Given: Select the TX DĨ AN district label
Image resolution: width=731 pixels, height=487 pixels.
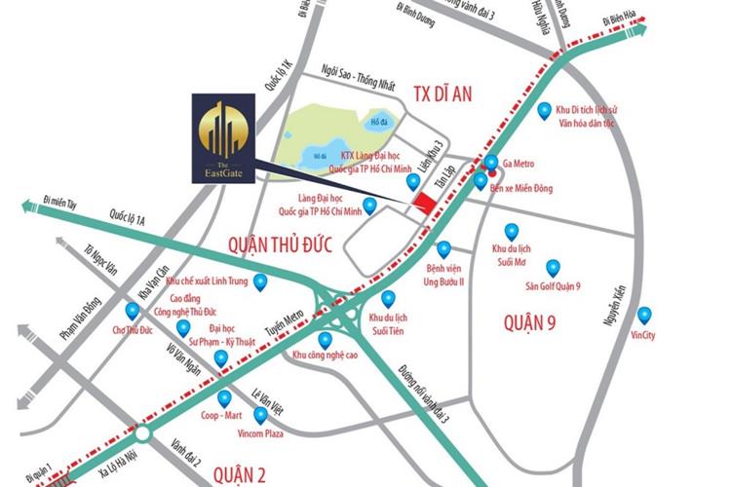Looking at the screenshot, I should pyautogui.click(x=442, y=94).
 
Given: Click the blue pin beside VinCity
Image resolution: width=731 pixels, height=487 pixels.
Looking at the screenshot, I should pyautogui.click(x=643, y=315).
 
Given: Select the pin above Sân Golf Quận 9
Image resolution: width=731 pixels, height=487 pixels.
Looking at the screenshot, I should pyautogui.click(x=553, y=267).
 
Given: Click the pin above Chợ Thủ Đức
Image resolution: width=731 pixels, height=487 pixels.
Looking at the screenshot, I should pyautogui.click(x=132, y=311).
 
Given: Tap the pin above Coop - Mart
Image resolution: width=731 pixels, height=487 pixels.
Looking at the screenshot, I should pyautogui.click(x=225, y=397).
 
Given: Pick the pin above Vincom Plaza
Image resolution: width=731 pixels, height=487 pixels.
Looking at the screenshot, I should pyautogui.click(x=260, y=415).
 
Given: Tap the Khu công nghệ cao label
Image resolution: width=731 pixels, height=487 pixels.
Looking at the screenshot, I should pyautogui.click(x=326, y=356).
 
